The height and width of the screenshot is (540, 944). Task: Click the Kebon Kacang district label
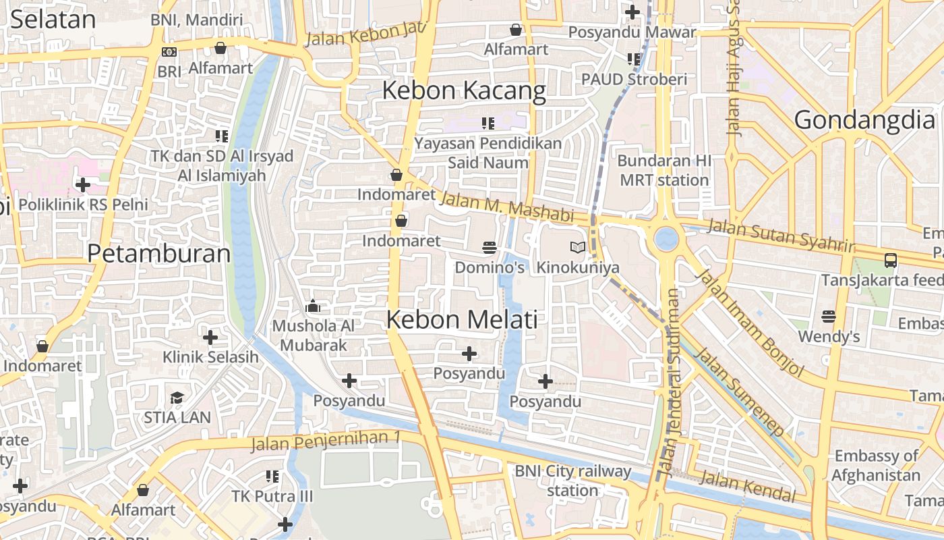[464, 90]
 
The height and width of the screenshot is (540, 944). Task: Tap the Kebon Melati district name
[462, 319]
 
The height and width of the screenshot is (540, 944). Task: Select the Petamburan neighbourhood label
[159, 254]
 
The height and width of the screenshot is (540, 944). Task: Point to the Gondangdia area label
[864, 119]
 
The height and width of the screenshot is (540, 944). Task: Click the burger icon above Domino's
[490, 248]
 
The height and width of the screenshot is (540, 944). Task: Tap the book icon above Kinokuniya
[577, 248]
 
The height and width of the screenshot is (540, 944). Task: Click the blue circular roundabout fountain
[666, 238]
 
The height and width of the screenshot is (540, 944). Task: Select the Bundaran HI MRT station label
[664, 171]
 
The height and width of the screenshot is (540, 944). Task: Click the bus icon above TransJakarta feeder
[890, 260]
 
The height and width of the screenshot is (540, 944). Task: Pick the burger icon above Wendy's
[829, 317]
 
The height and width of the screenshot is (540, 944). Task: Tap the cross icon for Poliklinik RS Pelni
[83, 184]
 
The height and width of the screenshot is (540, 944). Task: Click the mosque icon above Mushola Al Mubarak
[312, 307]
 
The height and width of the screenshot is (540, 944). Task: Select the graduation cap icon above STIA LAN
[177, 398]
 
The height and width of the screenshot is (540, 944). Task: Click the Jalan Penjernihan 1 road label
[325, 441]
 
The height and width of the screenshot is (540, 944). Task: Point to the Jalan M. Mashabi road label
[506, 207]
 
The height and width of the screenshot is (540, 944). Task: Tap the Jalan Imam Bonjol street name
[750, 323]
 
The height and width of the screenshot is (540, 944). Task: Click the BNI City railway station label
[572, 481]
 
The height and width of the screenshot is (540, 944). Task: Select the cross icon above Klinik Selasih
[210, 337]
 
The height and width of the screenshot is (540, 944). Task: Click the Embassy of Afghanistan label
[876, 465]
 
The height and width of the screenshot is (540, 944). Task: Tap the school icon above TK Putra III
[272, 477]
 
